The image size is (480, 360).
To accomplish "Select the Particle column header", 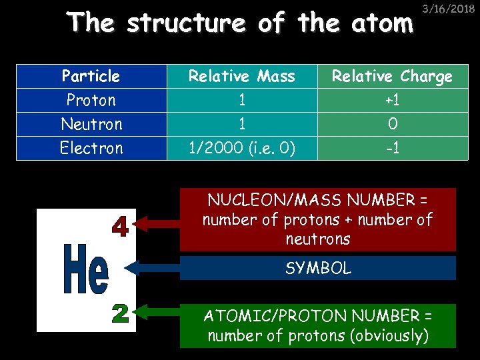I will click(x=91, y=76).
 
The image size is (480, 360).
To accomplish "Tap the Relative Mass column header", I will click(x=241, y=76).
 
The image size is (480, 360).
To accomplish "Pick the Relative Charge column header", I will click(x=392, y=76).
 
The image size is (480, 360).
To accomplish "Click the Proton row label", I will click(x=91, y=100).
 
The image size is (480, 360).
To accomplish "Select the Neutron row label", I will click(x=91, y=124).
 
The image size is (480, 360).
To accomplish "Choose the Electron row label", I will click(x=91, y=148).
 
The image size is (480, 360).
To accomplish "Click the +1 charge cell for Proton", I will click(x=392, y=100).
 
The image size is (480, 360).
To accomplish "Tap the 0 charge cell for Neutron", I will click(x=392, y=124).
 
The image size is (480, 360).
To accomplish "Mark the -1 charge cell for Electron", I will click(x=392, y=148).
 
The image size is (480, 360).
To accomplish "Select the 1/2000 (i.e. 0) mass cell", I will click(x=241, y=148).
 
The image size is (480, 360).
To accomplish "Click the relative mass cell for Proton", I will click(x=241, y=100).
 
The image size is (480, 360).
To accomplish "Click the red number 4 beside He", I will click(x=120, y=227).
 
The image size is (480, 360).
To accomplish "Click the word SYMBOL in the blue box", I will click(x=318, y=268).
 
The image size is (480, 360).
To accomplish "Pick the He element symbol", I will click(x=85, y=269).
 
